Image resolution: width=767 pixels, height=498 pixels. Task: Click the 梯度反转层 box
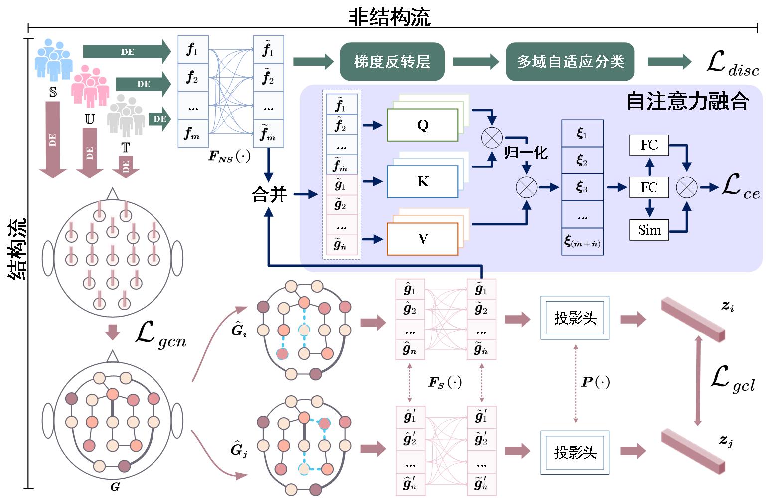coord(392,62)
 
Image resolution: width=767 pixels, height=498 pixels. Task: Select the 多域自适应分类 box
coord(570,62)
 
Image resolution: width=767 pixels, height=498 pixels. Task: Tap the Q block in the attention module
coord(422,125)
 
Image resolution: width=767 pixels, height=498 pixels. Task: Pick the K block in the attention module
coord(422,182)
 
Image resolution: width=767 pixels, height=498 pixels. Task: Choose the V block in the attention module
coord(422,239)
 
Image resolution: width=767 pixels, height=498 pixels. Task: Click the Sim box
coord(649,230)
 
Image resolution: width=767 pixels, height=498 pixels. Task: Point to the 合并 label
coord(269,194)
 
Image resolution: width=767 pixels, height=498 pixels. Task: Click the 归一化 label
coord(525,152)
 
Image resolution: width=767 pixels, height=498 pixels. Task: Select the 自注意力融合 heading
coord(688,101)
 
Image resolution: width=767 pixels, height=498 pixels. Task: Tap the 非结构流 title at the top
coord(389,17)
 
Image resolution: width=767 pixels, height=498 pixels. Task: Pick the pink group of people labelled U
coord(90,87)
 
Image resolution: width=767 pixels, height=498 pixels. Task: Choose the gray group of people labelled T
coord(126,116)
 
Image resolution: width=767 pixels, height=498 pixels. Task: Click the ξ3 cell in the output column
coord(582,187)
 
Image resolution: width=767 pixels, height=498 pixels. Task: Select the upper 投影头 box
coord(575,318)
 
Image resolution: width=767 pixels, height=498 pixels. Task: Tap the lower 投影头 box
coord(575,452)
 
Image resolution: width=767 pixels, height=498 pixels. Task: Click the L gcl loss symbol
coord(731,380)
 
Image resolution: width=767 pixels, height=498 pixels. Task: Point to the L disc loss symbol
coord(732,64)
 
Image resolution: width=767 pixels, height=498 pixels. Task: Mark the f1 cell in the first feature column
coord(193,50)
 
